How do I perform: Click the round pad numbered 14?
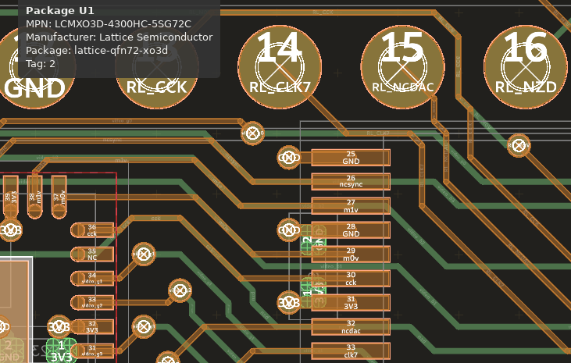pos(280,67)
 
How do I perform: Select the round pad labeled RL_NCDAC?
pos(402,67)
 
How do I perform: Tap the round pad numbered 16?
pos(525,67)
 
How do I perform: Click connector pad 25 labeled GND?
pos(351,158)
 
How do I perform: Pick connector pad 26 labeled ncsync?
pos(351,182)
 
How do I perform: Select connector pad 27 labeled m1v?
pos(351,206)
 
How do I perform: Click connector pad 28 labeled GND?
pos(351,230)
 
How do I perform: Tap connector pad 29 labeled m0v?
pos(351,254)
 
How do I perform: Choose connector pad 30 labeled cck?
pos(351,279)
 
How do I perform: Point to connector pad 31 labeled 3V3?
pos(351,303)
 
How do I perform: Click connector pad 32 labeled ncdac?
pos(351,327)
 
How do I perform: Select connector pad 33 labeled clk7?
pos(351,351)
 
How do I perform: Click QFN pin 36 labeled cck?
pos(92,230)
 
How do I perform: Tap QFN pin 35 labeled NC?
pos(92,254)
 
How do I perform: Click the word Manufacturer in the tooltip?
pos(60,37)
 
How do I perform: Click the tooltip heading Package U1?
pos(60,11)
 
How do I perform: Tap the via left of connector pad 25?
pos(289,158)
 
